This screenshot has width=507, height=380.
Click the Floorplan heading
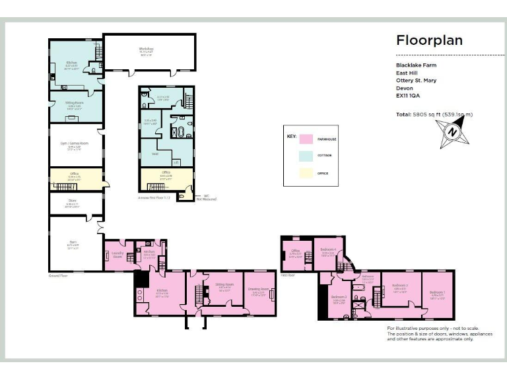coord(429,40)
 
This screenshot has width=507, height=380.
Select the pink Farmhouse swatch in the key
coord(306,139)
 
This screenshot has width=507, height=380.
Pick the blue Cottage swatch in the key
coord(306,156)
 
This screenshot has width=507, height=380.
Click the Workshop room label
coord(146,49)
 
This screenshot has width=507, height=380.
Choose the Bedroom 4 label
coord(329,250)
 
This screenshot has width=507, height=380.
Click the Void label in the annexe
coord(154,154)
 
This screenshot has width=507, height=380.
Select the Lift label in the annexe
coord(176,162)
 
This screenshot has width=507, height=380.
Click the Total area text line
coord(434,114)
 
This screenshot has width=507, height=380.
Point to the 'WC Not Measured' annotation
coord(205,197)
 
